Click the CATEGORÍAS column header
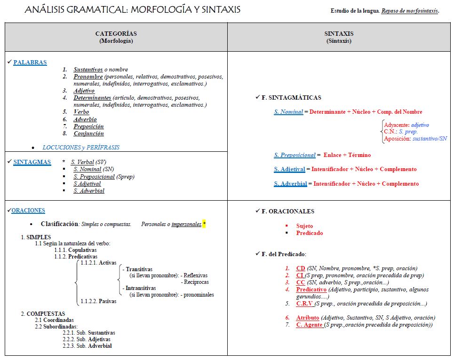click(116, 34)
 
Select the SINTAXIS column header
click(339, 34)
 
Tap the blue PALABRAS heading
click(30, 63)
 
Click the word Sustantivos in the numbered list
click(88, 70)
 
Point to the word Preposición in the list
click(88, 126)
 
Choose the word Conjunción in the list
click(88, 133)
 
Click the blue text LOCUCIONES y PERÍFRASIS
click(81, 148)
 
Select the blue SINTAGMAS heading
click(32, 162)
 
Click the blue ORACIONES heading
click(28, 211)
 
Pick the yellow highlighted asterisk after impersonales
click(204, 224)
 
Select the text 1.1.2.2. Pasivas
click(98, 301)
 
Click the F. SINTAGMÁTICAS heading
click(291, 98)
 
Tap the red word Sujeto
click(304, 226)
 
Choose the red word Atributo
click(308, 318)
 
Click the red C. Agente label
click(309, 325)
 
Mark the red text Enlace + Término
click(347, 155)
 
